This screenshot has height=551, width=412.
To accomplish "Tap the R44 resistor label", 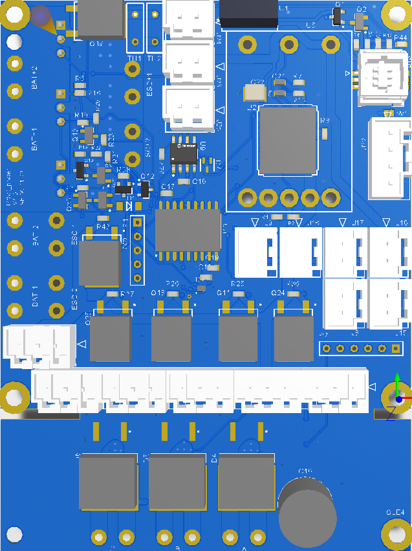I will [x=400, y=38].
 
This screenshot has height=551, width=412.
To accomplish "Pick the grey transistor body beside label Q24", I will [x=293, y=338].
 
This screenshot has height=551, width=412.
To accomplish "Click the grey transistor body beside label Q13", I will [x=171, y=338].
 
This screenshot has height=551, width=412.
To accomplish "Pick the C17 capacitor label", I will [x=168, y=186].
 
